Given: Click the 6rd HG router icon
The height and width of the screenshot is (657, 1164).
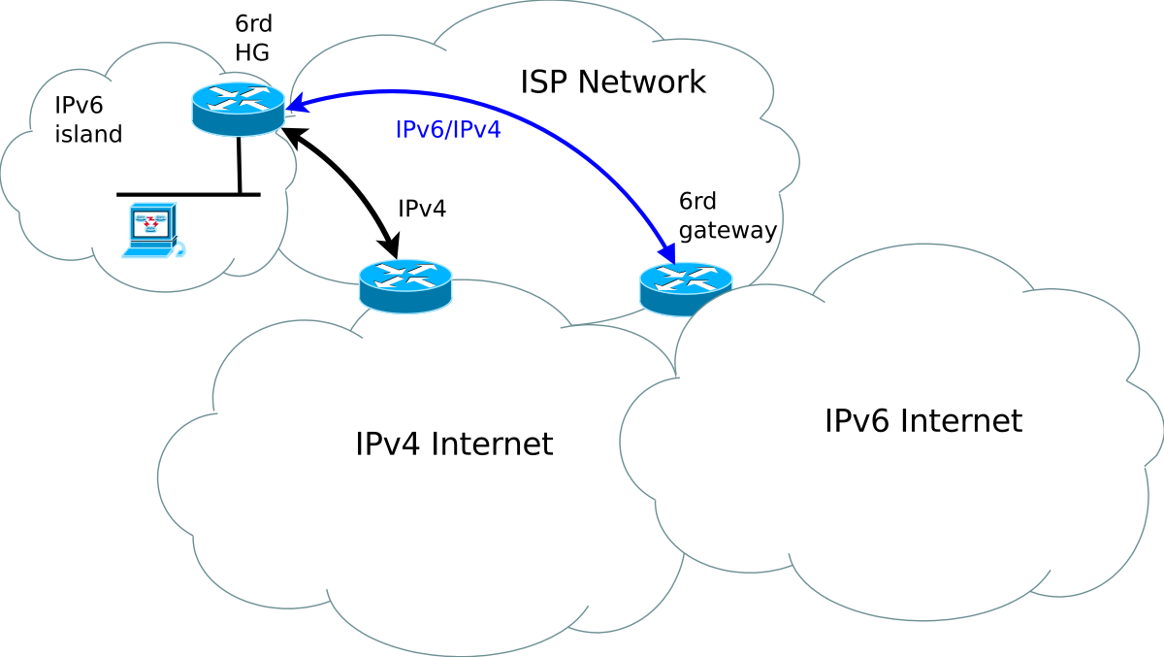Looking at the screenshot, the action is pyautogui.click(x=238, y=109).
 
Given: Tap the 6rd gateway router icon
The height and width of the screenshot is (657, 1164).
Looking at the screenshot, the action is pyautogui.click(x=686, y=289).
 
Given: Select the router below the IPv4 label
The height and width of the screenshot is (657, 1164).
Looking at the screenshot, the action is pyautogui.click(x=405, y=286).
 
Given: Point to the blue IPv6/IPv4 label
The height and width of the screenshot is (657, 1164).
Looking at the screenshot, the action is pyautogui.click(x=448, y=129).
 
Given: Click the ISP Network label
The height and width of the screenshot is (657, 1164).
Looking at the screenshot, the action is pyautogui.click(x=613, y=82).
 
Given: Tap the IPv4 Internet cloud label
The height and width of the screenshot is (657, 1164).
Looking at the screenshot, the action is pyautogui.click(x=454, y=443).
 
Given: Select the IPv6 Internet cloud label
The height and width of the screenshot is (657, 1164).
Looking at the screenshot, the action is pyautogui.click(x=923, y=420).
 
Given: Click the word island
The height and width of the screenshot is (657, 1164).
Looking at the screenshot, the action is pyautogui.click(x=88, y=134).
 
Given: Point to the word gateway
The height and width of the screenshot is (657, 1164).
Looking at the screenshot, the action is pyautogui.click(x=727, y=230).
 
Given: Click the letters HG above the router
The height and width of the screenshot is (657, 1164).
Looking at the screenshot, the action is pyautogui.click(x=252, y=52).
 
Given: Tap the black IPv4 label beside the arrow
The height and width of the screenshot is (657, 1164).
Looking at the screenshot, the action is pyautogui.click(x=422, y=209).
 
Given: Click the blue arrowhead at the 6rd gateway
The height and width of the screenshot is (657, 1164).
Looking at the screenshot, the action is pyautogui.click(x=667, y=253).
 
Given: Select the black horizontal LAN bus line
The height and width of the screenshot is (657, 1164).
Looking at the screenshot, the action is pyautogui.click(x=188, y=195).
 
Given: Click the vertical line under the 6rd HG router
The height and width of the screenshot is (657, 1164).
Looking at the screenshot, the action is pyautogui.click(x=239, y=165).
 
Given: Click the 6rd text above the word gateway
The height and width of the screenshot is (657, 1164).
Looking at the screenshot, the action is pyautogui.click(x=697, y=201).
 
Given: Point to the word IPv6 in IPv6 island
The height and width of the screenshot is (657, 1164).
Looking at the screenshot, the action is pyautogui.click(x=79, y=105).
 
